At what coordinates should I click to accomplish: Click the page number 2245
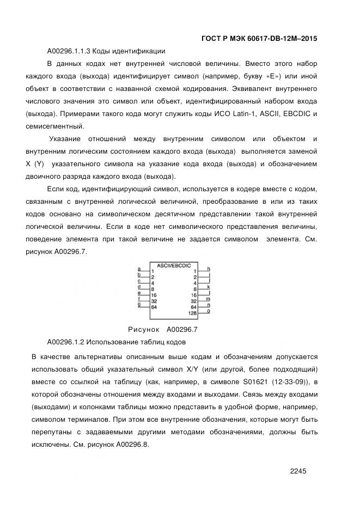point(300,472)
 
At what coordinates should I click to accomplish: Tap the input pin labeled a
point(139,269)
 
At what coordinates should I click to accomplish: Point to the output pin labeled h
point(209,269)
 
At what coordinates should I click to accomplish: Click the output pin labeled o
point(209,311)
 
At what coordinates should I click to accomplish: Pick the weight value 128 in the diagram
point(192,313)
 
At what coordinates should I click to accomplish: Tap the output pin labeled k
point(209,287)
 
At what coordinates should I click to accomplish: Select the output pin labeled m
point(209,299)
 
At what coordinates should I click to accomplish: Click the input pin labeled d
point(139,287)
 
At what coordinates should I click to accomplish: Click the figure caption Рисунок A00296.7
point(162,330)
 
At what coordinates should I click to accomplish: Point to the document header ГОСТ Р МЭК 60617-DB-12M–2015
point(259,39)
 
